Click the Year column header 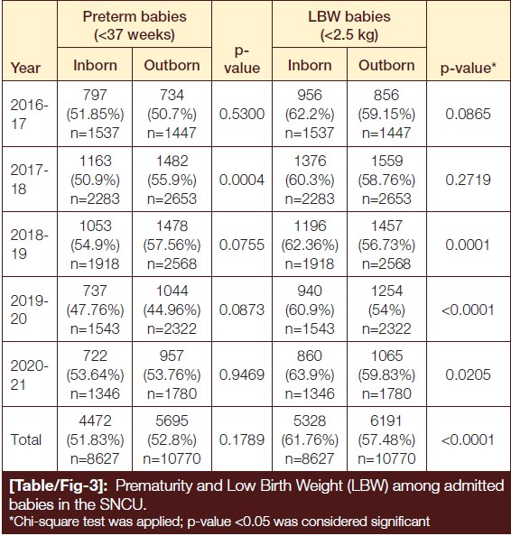click(x=25, y=68)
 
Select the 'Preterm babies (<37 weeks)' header click(x=135, y=25)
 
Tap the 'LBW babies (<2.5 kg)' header click(x=349, y=25)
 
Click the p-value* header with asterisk click(x=469, y=68)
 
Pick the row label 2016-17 click(x=29, y=114)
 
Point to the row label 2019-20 click(x=29, y=310)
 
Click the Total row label click(x=25, y=439)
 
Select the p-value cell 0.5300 click(x=242, y=114)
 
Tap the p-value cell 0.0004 click(x=242, y=180)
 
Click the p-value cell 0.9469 click(x=242, y=374)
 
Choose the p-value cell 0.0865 click(x=468, y=114)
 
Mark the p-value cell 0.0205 click(x=468, y=374)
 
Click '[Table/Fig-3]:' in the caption click(x=58, y=485)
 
